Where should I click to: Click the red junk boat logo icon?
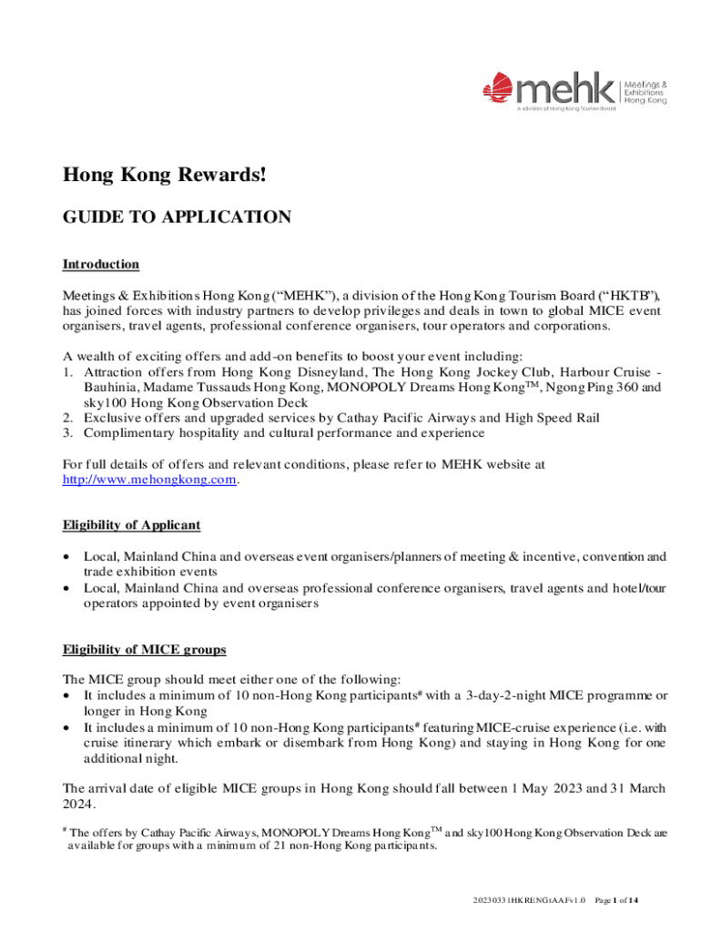pyautogui.click(x=498, y=89)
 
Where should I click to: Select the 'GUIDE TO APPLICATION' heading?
pyautogui.click(x=177, y=217)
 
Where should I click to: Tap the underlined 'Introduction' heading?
pyautogui.click(x=100, y=265)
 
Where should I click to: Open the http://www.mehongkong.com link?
pyautogui.click(x=149, y=480)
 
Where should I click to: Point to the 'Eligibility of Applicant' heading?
pyautogui.click(x=131, y=525)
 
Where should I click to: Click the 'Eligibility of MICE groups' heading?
pyautogui.click(x=144, y=650)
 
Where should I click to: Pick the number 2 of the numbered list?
pyautogui.click(x=66, y=418)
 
